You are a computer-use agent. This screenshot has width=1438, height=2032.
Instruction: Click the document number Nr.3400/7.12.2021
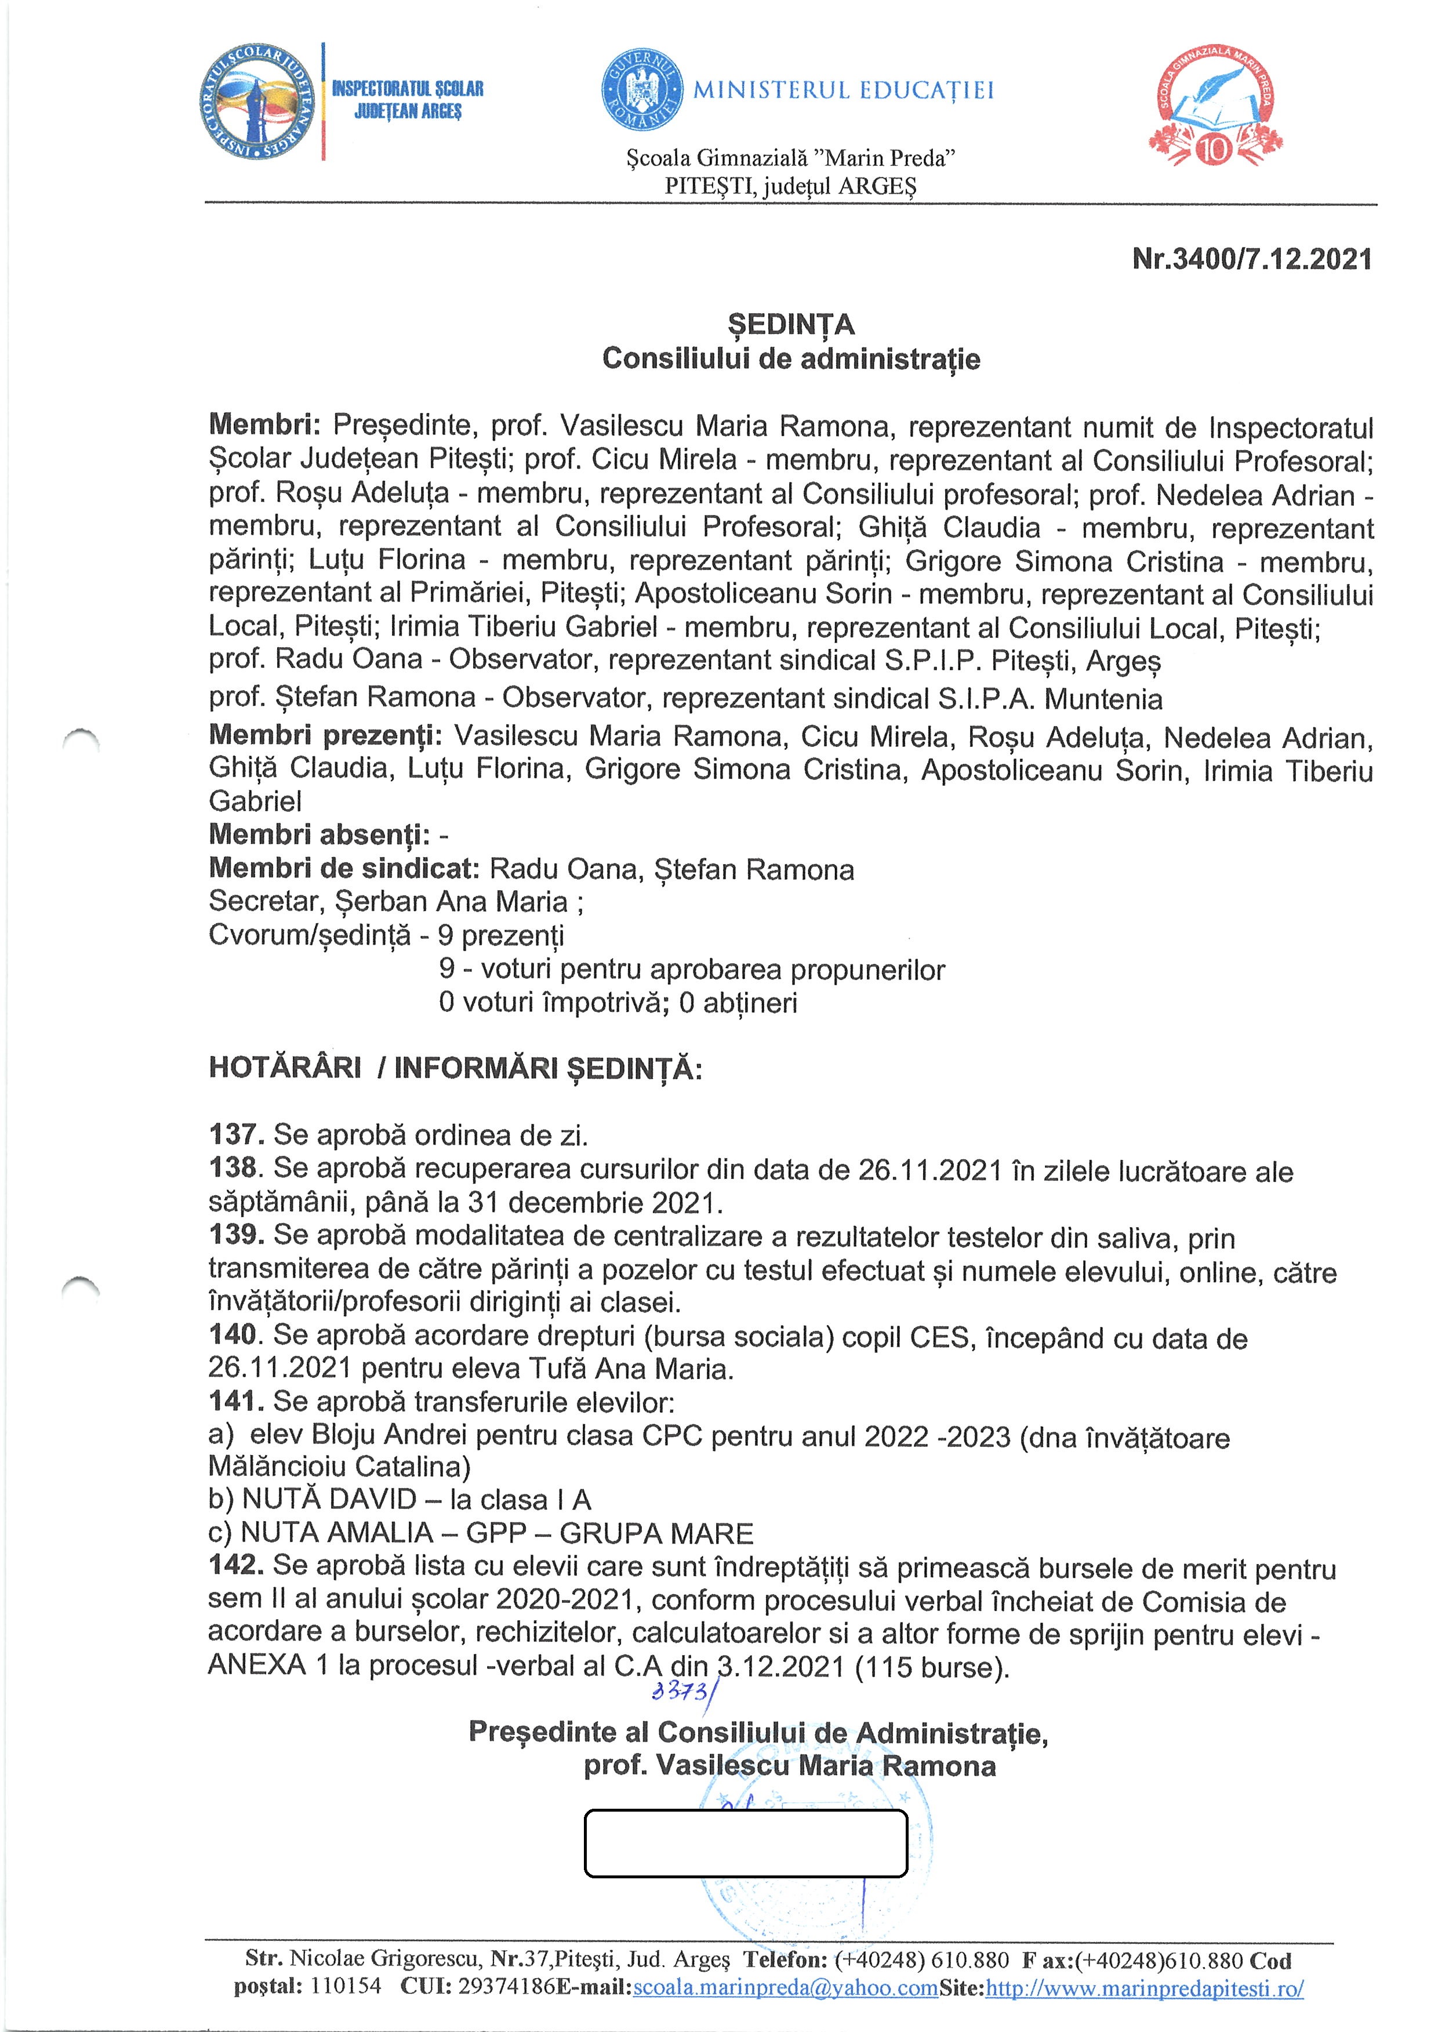pos(1251,259)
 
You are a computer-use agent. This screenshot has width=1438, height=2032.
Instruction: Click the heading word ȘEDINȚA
pos(791,325)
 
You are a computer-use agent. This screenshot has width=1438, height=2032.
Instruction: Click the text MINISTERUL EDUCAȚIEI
pos(843,90)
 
